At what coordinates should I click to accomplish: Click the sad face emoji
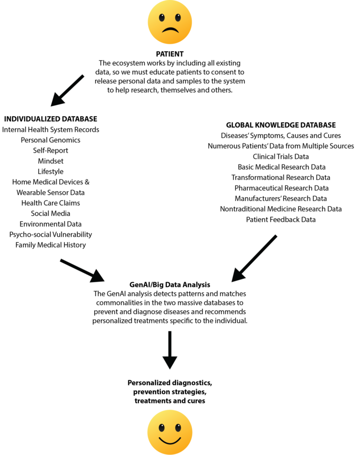click(170, 22)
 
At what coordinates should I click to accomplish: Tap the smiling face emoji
click(170, 432)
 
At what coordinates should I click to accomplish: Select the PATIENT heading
click(169, 53)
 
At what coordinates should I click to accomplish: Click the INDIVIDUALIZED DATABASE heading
click(50, 119)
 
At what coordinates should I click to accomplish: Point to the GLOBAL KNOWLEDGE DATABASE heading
click(281, 125)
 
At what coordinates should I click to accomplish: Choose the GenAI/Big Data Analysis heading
click(170, 284)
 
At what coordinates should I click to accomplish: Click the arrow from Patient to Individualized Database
click(67, 90)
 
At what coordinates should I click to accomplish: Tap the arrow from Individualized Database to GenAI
click(82, 270)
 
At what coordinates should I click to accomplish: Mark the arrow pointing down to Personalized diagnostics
click(170, 350)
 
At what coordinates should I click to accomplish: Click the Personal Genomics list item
click(51, 140)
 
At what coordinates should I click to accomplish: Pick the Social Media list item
click(51, 214)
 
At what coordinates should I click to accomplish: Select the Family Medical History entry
click(51, 245)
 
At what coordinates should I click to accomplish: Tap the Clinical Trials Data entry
click(281, 157)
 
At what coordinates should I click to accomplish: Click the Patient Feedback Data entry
click(281, 219)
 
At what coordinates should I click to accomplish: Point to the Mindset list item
click(51, 161)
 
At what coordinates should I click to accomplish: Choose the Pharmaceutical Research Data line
click(281, 188)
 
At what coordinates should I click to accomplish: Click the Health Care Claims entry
click(51, 203)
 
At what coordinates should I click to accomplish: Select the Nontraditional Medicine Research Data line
click(281, 209)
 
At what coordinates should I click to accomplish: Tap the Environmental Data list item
click(51, 224)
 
